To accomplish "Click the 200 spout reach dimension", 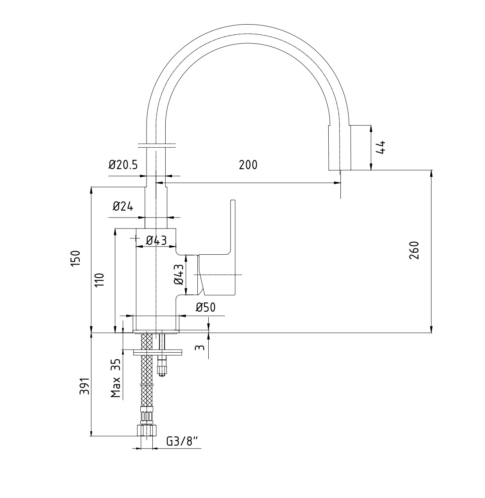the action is tap(248, 165).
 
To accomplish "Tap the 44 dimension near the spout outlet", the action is tap(381, 147).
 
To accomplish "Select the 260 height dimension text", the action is tap(414, 250).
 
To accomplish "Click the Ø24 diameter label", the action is tap(123, 206).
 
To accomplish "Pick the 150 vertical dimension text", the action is tap(75, 258).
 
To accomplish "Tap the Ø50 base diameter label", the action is tap(205, 307).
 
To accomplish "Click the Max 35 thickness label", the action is tap(116, 378).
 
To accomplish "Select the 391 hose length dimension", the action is tap(84, 386).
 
